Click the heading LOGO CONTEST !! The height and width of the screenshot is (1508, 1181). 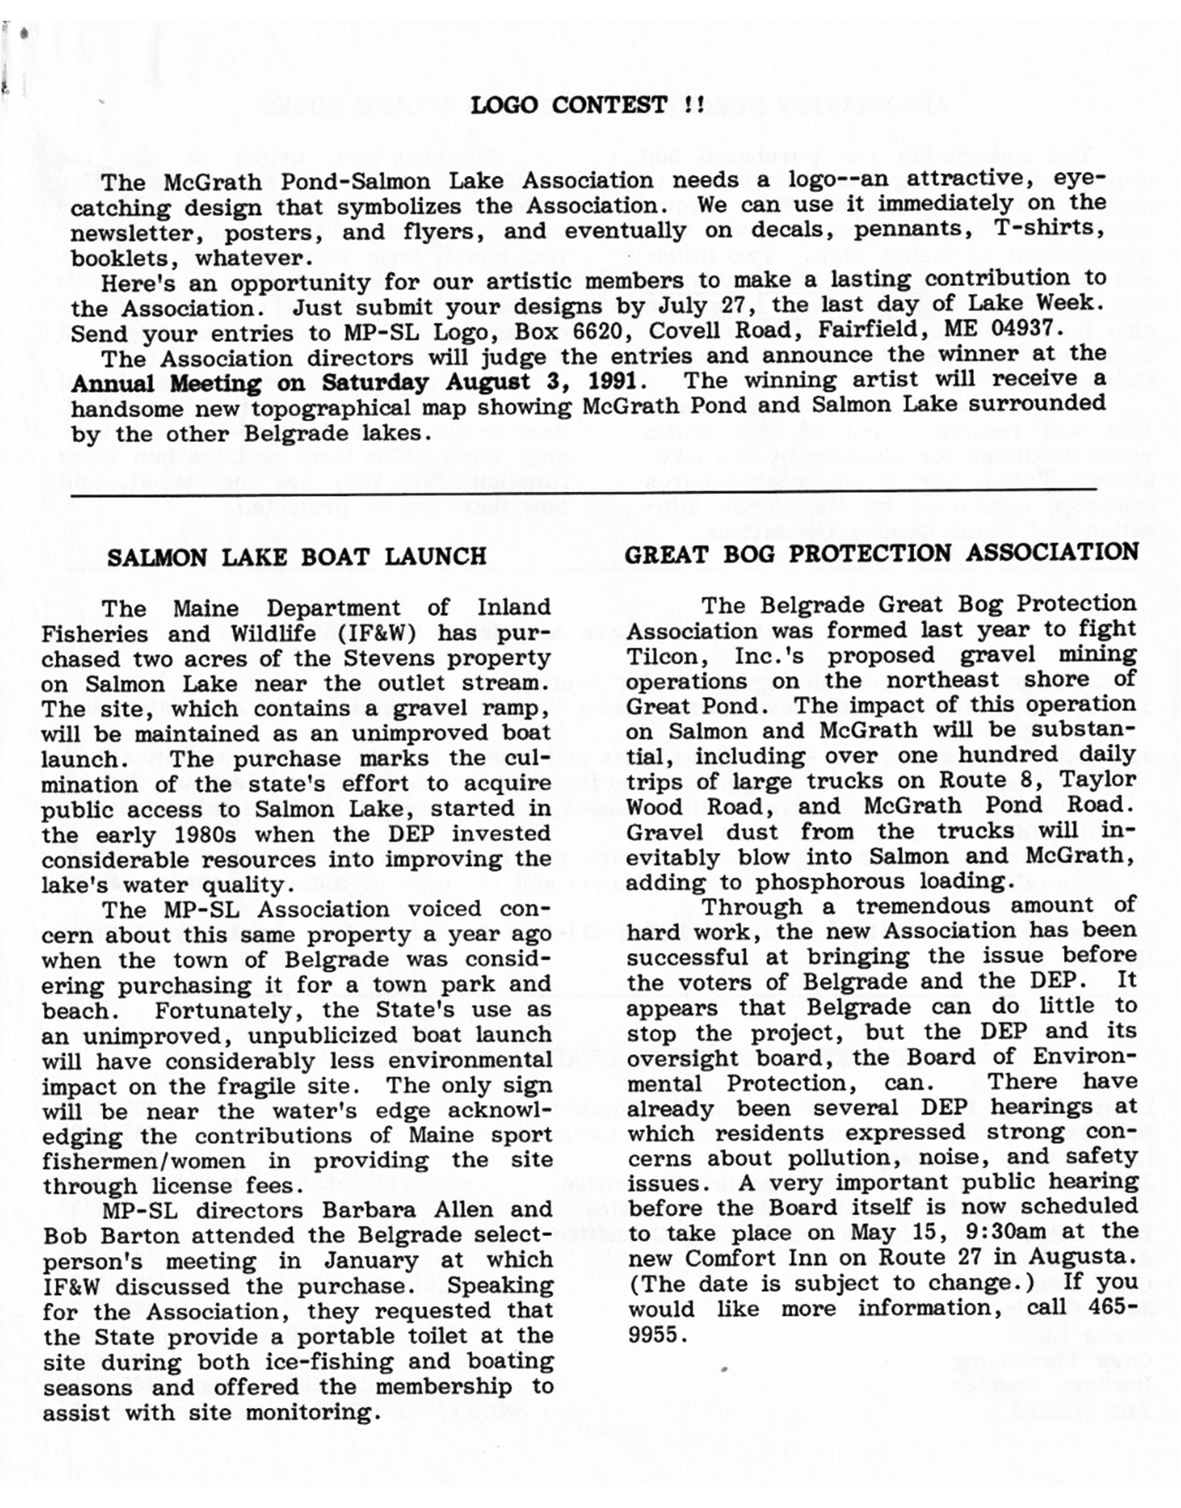(587, 106)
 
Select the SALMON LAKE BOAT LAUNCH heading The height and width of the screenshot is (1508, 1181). (297, 557)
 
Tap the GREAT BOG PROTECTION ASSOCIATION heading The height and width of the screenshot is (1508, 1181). (881, 553)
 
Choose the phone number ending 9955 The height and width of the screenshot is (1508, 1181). (654, 1335)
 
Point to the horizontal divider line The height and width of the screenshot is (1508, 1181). (584, 492)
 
